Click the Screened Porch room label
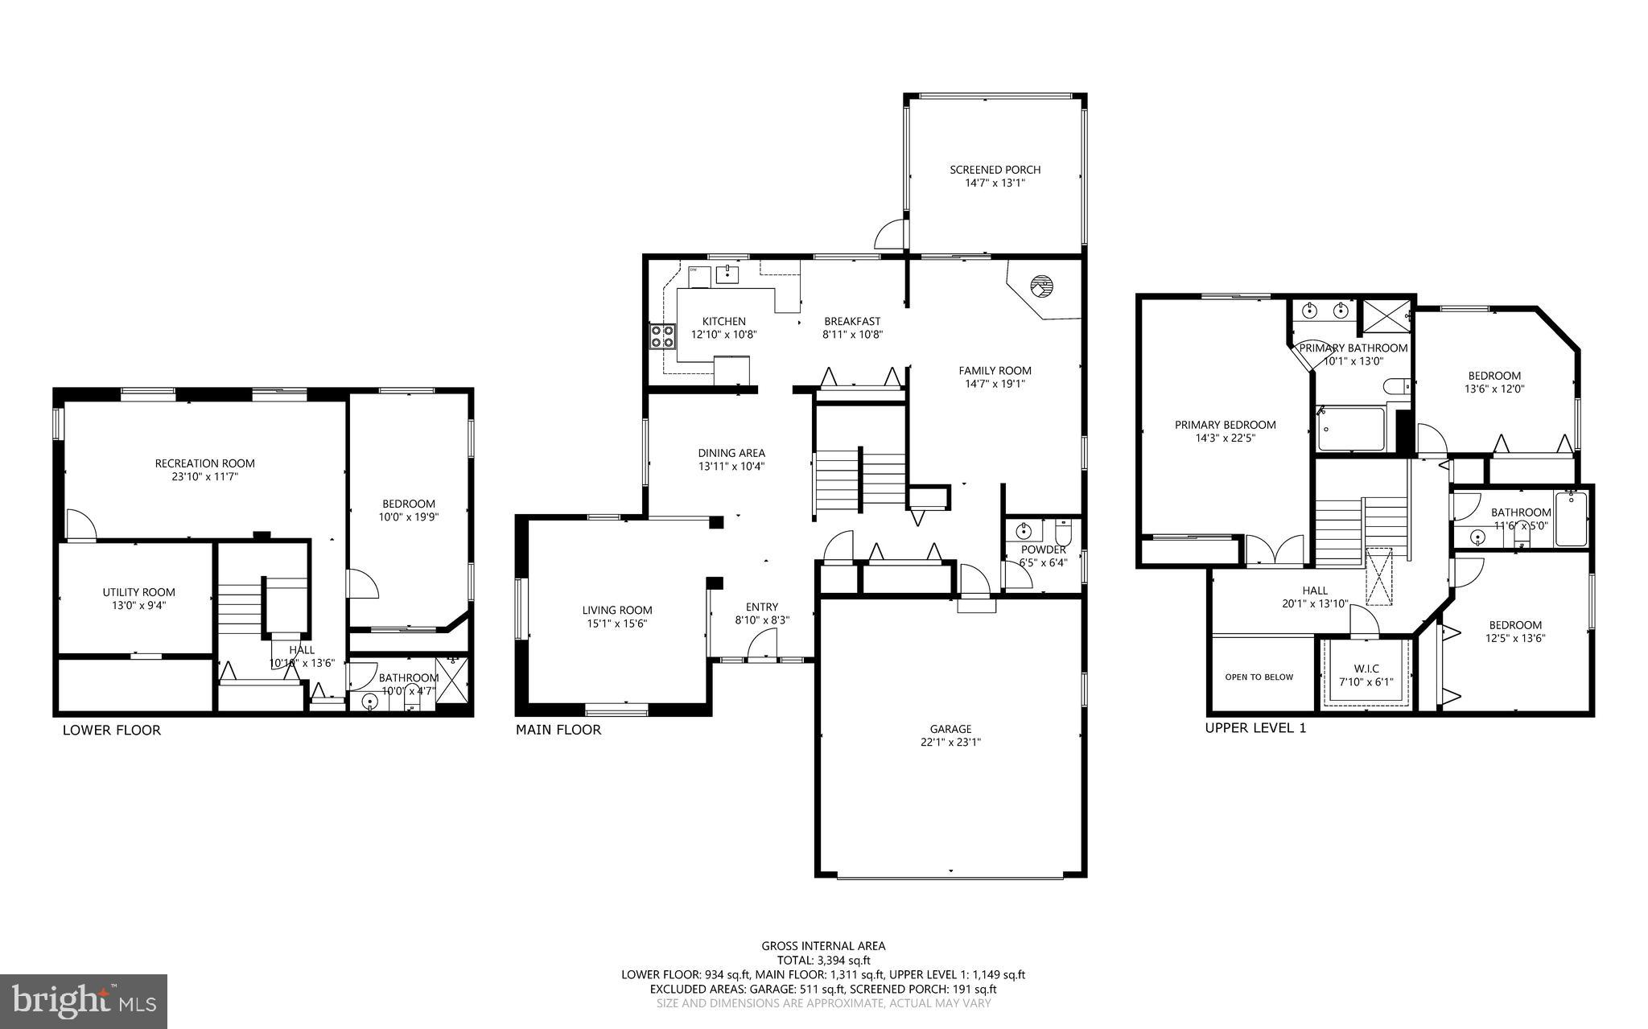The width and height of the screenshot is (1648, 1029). click(x=995, y=170)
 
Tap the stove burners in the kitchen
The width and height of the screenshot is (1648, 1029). click(x=662, y=335)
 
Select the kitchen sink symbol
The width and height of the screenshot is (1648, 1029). click(x=727, y=274)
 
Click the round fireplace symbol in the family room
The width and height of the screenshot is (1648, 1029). click(x=1042, y=286)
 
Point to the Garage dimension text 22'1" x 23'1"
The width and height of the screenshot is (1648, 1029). click(x=950, y=743)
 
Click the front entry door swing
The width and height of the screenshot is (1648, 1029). click(x=761, y=645)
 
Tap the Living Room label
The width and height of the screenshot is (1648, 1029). click(x=617, y=610)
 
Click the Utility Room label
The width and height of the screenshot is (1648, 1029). click(x=138, y=592)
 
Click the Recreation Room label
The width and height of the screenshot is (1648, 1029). click(x=204, y=463)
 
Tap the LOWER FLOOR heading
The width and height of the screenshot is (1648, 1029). click(x=112, y=731)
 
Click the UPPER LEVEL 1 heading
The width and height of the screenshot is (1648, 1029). click(x=1255, y=728)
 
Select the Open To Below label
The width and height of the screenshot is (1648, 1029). click(x=1259, y=677)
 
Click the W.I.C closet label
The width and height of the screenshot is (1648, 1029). click(x=1366, y=669)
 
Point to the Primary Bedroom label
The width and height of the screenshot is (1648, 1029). click(x=1225, y=425)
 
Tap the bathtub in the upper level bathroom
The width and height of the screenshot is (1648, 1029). click(x=1570, y=520)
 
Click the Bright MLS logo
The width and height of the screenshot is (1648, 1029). click(x=84, y=1001)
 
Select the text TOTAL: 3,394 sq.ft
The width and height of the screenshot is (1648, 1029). click(x=823, y=960)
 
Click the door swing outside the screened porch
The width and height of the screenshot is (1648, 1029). click(x=890, y=235)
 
